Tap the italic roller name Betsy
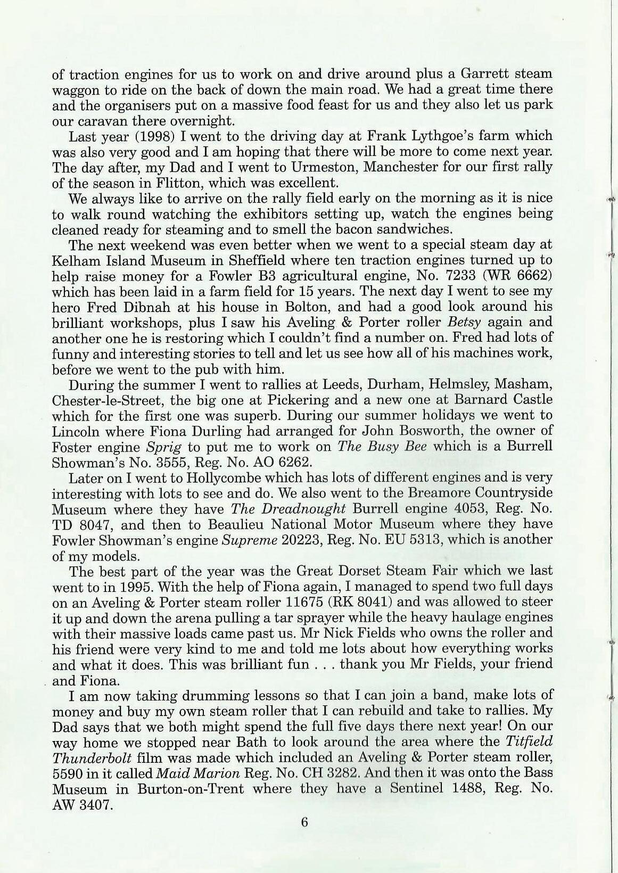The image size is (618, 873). pos(465,323)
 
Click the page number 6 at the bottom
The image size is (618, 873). pos(304,822)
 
